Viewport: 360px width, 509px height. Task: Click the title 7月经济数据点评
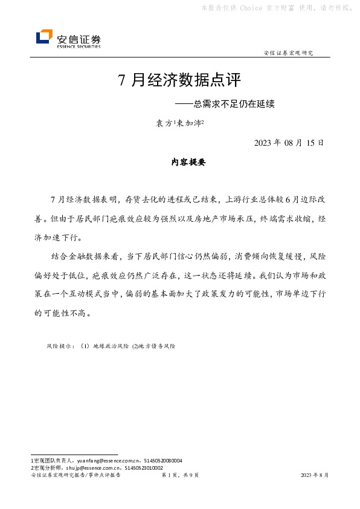179,80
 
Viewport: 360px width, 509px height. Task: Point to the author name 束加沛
190,123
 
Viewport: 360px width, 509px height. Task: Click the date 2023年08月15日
289,143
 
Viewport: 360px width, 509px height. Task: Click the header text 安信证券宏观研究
289,53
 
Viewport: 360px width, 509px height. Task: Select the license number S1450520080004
159,461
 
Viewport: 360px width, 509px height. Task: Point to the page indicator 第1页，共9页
180,476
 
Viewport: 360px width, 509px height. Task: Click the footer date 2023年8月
315,476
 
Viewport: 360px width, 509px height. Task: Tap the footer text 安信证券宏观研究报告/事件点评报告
76,476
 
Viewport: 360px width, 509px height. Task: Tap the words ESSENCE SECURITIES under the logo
79,46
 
